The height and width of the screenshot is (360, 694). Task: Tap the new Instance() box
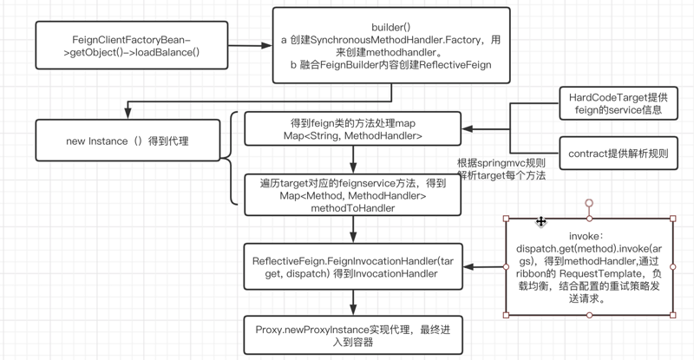(x=127, y=141)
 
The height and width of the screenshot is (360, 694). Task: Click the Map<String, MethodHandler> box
(x=352, y=129)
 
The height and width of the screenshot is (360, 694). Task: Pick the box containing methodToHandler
(x=352, y=196)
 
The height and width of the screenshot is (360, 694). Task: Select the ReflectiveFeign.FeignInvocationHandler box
(x=352, y=266)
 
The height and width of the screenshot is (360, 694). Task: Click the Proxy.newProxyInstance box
(x=352, y=335)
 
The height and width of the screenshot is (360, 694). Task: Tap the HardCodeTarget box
(x=617, y=106)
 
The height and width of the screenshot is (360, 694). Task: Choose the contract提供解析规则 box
(x=617, y=154)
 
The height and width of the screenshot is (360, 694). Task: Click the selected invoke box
(x=589, y=266)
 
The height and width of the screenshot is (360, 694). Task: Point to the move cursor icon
(x=541, y=222)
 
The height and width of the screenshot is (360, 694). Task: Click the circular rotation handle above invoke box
(x=589, y=204)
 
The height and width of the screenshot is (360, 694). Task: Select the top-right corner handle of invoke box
(x=673, y=219)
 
